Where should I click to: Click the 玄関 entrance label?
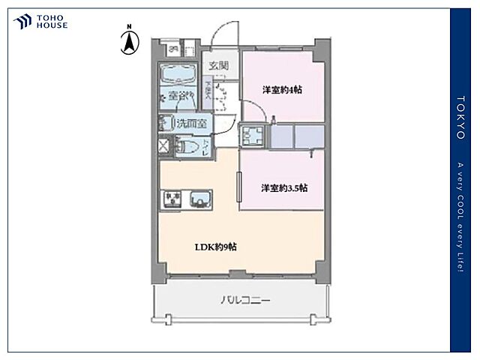[x=220, y=64]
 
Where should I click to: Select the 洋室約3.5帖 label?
[x=283, y=187]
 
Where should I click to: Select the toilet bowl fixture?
[x=187, y=146]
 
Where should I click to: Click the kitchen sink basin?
[x=200, y=199]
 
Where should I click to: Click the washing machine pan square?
[x=253, y=136]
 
